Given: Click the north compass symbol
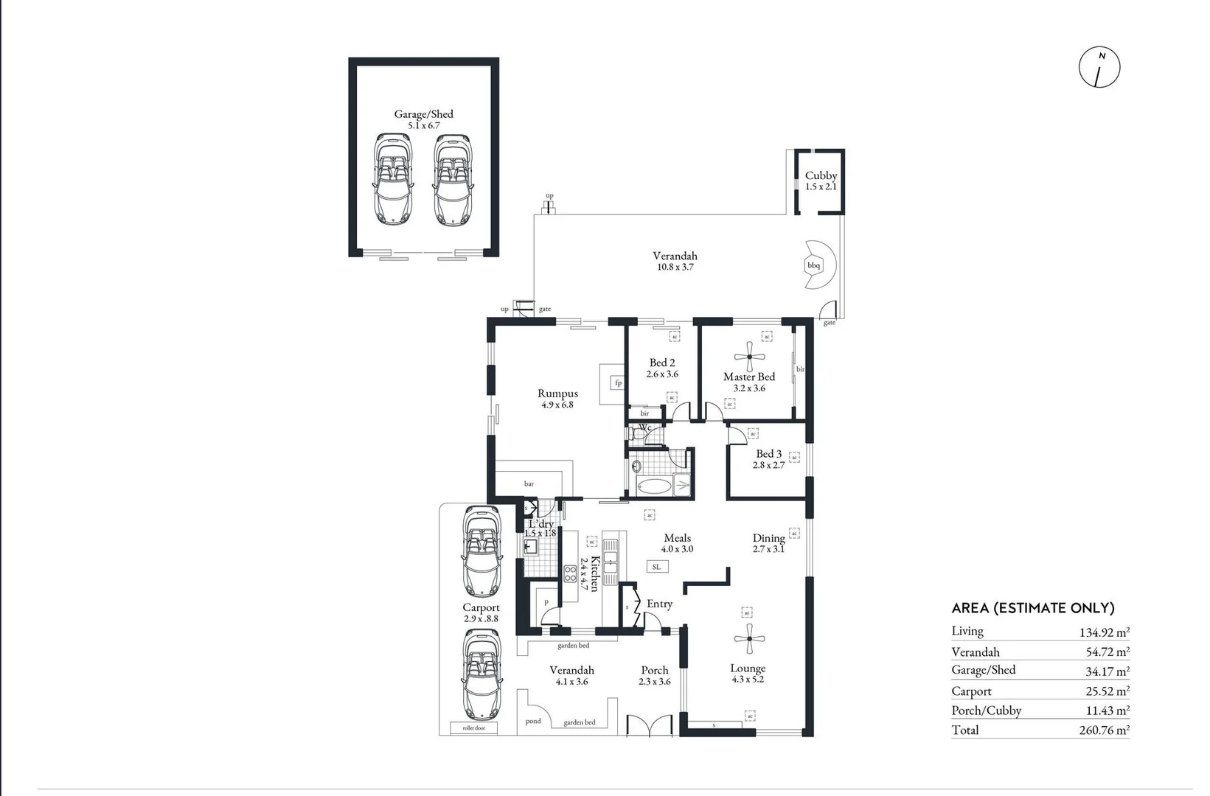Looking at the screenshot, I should tap(1099, 68).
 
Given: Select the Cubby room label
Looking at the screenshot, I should tap(821, 175).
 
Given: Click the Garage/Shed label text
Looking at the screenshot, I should tap(423, 114).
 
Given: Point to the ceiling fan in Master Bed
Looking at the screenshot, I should tap(750, 357).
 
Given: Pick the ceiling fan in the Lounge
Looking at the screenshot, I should tap(750, 638).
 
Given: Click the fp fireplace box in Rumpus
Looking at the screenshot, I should tap(618, 383).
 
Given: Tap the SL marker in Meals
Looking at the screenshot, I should tap(656, 567).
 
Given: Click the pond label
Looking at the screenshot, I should tap(533, 721).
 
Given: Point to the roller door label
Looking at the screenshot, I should tap(474, 728).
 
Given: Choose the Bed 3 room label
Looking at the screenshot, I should tap(768, 454).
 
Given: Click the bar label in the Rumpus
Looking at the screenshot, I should tap(529, 484).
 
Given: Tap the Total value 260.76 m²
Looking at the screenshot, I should tap(1103, 730).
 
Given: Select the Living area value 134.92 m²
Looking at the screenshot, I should tap(1103, 632).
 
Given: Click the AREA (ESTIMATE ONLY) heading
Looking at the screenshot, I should tap(1032, 608).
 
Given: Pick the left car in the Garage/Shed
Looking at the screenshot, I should tap(393, 180).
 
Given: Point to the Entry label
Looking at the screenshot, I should tap(659, 604).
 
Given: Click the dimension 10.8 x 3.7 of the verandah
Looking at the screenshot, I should tap(675, 268).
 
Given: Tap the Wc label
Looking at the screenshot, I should tap(645, 427).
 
